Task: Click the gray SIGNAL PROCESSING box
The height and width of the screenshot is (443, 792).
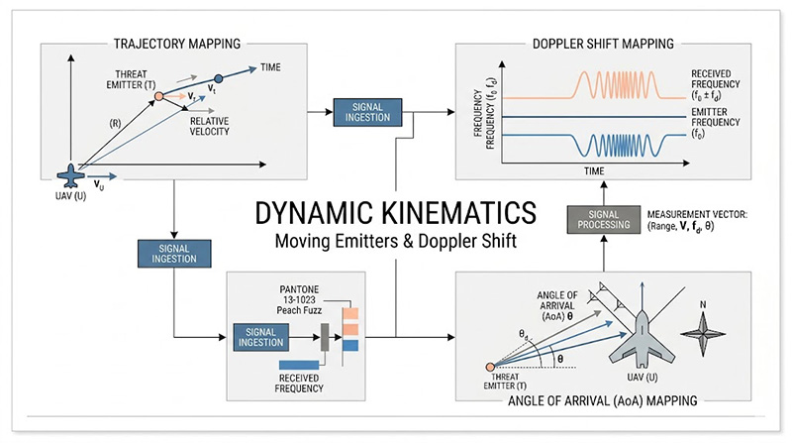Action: (597, 219)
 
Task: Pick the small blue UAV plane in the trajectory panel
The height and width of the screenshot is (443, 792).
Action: (70, 176)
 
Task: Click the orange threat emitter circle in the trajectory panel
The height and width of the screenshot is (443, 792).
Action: (158, 96)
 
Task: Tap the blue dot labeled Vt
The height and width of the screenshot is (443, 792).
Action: (218, 78)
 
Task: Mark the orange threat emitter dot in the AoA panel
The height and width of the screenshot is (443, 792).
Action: (490, 368)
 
